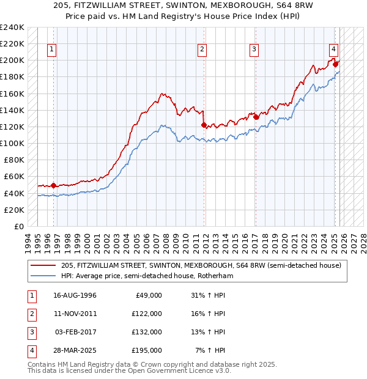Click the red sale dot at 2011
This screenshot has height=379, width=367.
[x=204, y=125]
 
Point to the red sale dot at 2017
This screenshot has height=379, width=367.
[x=256, y=117]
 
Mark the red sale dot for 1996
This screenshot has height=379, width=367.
[x=53, y=185]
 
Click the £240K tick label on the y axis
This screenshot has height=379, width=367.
[x=12, y=28]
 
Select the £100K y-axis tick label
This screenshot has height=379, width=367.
[x=12, y=144]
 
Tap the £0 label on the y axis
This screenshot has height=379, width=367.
[x=18, y=226]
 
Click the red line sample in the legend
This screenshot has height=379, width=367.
[x=44, y=265]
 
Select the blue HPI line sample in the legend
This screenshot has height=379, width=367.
[x=44, y=276]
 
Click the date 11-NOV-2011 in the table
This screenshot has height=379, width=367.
[x=75, y=313]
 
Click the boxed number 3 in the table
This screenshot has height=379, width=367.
[x=31, y=332]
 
